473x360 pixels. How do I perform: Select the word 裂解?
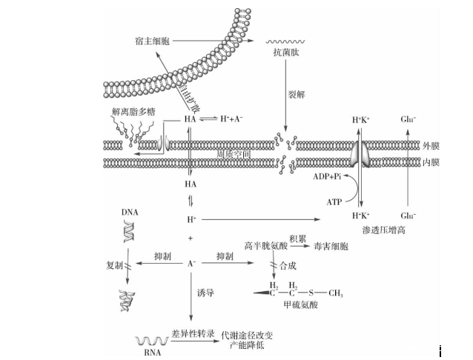point(297,96)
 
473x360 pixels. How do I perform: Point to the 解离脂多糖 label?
point(133,111)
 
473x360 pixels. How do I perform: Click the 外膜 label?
point(431,146)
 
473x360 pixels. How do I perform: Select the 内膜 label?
point(431,161)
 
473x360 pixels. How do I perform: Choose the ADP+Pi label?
point(327,177)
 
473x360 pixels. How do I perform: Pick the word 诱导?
point(205,293)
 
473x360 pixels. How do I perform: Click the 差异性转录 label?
point(191,335)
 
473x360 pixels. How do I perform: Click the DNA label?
point(130,212)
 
